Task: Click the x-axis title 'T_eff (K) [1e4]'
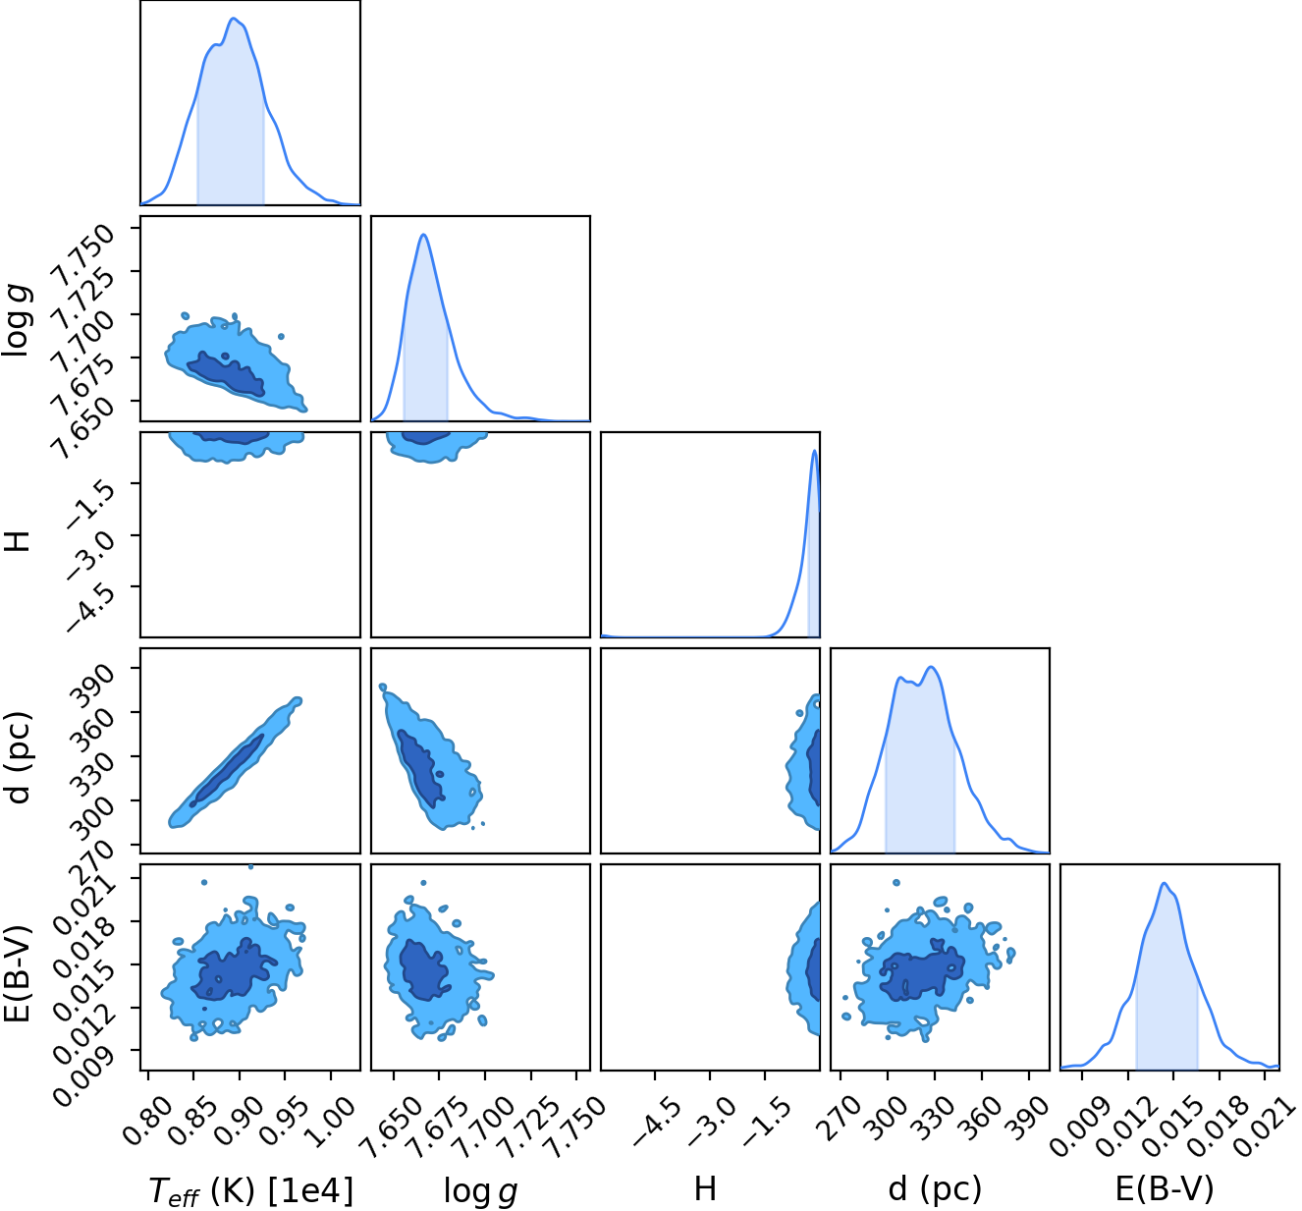coord(251,1189)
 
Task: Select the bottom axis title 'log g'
coord(480,1190)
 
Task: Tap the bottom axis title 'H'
coord(705,1188)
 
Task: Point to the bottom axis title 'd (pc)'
coord(935,1189)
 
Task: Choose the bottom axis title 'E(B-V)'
coord(1165,1188)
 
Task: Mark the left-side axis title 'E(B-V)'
coord(17,975)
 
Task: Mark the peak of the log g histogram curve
coord(423,234)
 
